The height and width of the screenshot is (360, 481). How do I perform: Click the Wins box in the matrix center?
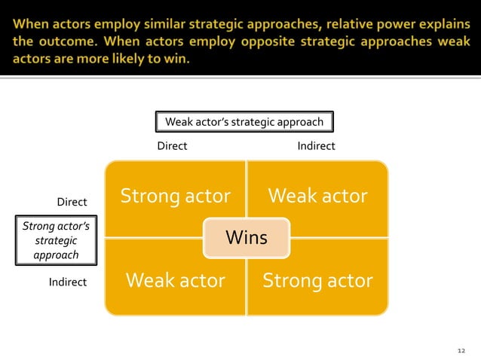247,238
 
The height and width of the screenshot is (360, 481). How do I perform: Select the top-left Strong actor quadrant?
175,197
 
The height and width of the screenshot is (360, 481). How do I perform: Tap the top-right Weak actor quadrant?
317,197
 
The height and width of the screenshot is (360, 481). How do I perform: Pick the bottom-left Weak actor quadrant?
175,281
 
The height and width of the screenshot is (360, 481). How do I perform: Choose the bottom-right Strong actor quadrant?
317,281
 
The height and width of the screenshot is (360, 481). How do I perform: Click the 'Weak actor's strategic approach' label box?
244,122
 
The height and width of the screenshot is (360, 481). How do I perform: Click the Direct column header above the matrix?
171,146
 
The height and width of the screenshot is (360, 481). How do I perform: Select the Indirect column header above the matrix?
316,146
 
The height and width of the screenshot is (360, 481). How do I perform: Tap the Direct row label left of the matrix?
72,203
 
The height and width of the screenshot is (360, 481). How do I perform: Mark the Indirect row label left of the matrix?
68,282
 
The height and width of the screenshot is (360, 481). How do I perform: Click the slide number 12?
462,350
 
